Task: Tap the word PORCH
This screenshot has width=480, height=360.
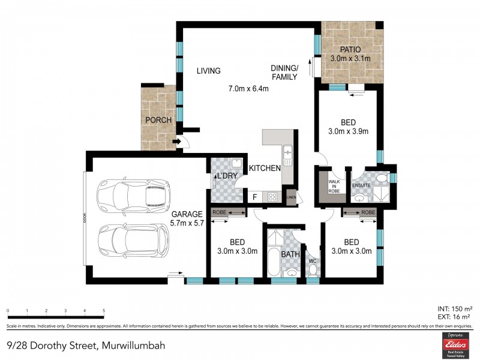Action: pyautogui.click(x=158, y=120)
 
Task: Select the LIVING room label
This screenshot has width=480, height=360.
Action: pyautogui.click(x=209, y=71)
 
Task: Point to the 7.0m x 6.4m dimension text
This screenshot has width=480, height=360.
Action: pyautogui.click(x=248, y=89)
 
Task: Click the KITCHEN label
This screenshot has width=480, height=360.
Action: pyautogui.click(x=265, y=169)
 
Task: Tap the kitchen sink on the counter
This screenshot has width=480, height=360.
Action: pyautogui.click(x=287, y=155)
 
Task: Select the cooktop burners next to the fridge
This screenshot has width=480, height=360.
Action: pyautogui.click(x=272, y=196)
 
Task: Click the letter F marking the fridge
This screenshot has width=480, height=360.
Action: pyautogui.click(x=254, y=196)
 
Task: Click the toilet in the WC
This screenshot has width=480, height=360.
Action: pyautogui.click(x=312, y=269)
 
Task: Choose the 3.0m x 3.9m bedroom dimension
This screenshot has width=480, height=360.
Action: pyautogui.click(x=348, y=131)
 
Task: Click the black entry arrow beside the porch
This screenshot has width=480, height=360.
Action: pyautogui.click(x=176, y=142)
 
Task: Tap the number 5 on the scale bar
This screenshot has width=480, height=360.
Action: pyautogui.click(x=104, y=311)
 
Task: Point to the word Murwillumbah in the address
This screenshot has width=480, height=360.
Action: pyautogui.click(x=133, y=346)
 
